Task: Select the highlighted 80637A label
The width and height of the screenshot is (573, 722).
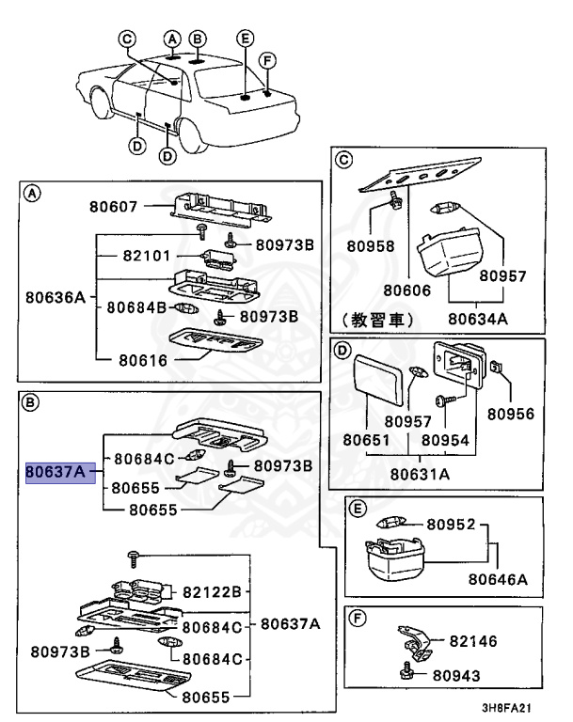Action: click(56, 469)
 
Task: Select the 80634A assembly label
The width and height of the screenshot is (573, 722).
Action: click(477, 319)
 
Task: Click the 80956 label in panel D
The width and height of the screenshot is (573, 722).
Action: click(510, 414)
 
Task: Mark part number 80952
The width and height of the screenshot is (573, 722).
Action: click(450, 524)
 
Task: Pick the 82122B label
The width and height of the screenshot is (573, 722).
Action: click(213, 591)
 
